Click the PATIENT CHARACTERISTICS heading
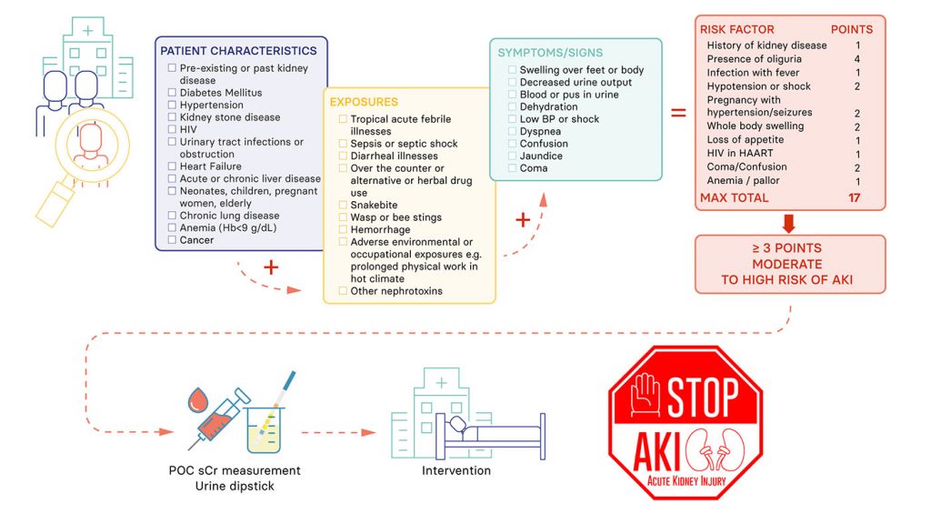click(238, 51)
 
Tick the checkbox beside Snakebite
click(342, 205)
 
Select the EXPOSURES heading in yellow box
click(364, 102)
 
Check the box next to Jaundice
click(513, 156)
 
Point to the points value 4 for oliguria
click(857, 59)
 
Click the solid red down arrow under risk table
click(789, 223)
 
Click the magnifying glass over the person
click(89, 149)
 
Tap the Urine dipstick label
click(235, 486)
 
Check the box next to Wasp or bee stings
click(342, 217)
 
